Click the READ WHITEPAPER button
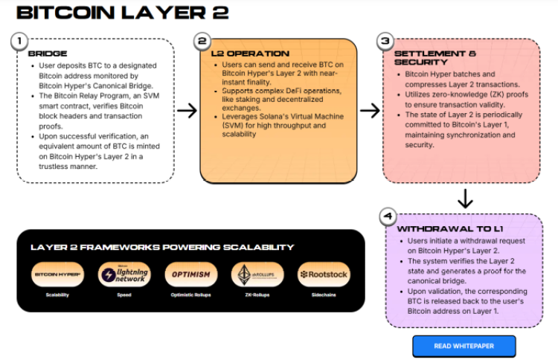click(464, 346)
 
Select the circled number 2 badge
click(202, 42)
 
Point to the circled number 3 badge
click(384, 42)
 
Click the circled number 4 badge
click(387, 217)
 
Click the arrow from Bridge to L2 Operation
click(187, 111)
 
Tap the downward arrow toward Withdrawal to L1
click(464, 199)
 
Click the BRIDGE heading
click(48, 54)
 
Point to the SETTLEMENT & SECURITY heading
click(434, 58)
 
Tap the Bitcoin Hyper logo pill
click(57, 274)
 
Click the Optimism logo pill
click(190, 274)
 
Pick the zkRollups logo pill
click(257, 274)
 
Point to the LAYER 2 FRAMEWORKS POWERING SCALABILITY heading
click(161, 247)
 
